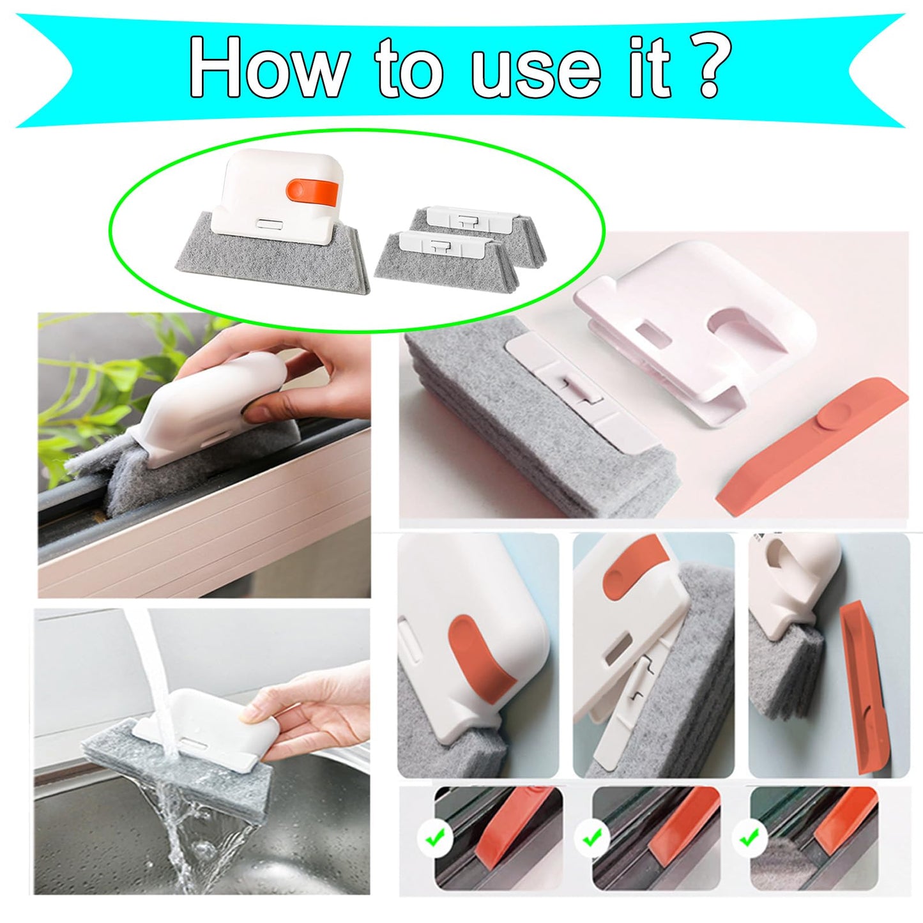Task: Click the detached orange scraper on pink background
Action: point(811,447)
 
